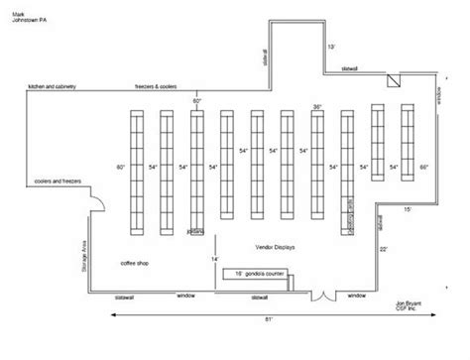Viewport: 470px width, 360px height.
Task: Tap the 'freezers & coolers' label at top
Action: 157,87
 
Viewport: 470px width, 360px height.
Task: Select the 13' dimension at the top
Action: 331,47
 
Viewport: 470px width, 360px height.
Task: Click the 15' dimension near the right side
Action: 407,209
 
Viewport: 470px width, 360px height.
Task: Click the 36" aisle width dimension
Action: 317,105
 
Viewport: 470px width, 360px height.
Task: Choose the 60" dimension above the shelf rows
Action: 196,102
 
